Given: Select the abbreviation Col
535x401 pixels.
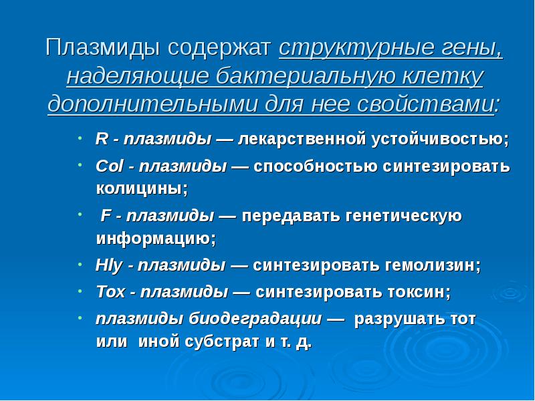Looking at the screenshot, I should (107, 166).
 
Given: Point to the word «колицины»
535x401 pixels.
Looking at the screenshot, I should (141, 188).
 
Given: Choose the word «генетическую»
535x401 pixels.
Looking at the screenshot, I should (404, 217).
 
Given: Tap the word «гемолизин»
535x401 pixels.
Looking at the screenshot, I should (431, 265).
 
